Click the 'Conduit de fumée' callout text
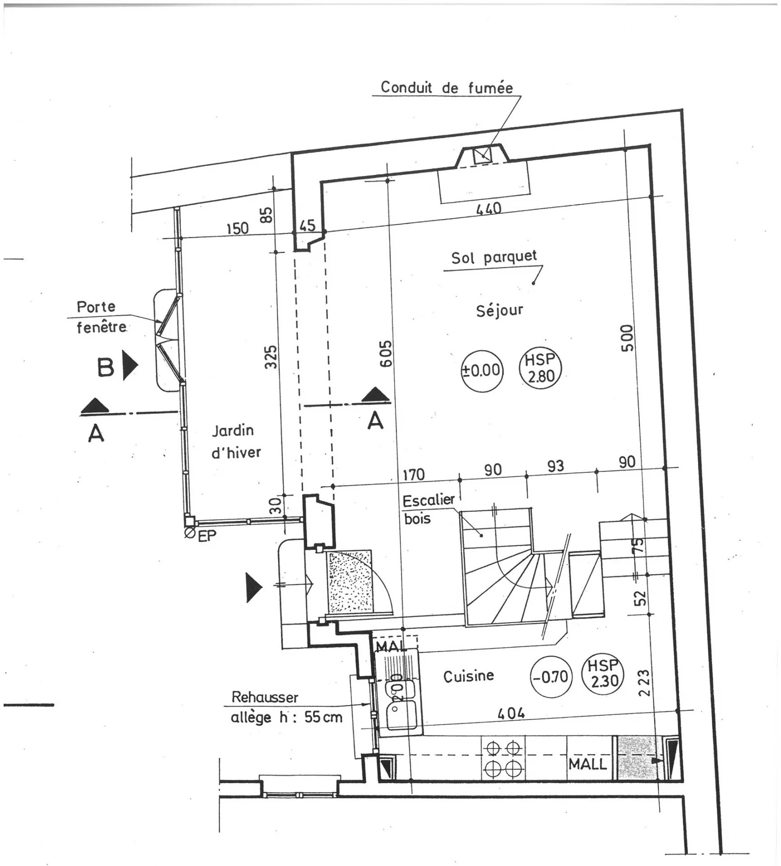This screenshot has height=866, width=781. [x=446, y=87]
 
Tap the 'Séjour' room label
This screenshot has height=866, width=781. [x=499, y=310]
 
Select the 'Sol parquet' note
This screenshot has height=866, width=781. [x=494, y=257]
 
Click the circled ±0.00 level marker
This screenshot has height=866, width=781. [x=481, y=371]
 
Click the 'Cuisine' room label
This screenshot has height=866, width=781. [x=468, y=676]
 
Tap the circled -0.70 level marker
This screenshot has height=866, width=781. [x=551, y=677]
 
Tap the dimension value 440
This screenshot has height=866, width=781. [x=489, y=208]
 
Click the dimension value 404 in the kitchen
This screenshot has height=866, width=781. [x=511, y=713]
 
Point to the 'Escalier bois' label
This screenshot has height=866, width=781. [x=428, y=509]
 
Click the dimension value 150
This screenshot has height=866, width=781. [x=237, y=228]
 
